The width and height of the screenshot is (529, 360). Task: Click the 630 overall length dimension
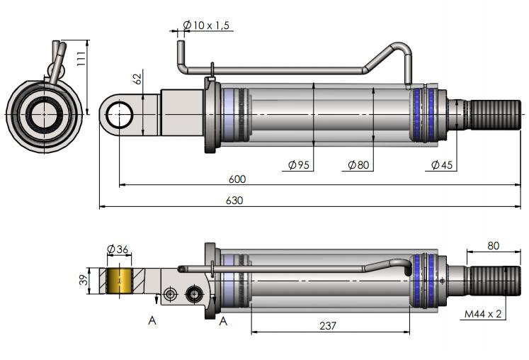pyautogui.click(x=234, y=201)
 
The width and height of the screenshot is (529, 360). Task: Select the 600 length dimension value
pyautogui.click(x=237, y=179)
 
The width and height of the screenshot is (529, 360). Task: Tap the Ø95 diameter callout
pyautogui.click(x=299, y=165)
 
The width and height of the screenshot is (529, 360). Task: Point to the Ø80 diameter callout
pyautogui.click(x=358, y=165)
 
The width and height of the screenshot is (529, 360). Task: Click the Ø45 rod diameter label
pyautogui.click(x=442, y=165)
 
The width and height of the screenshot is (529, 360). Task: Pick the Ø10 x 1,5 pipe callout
pyautogui.click(x=207, y=26)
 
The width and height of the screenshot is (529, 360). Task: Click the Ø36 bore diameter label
pyautogui.click(x=118, y=249)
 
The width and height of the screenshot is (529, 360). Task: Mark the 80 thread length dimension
pyautogui.click(x=493, y=246)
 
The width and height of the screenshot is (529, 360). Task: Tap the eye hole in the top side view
pyautogui.click(x=123, y=114)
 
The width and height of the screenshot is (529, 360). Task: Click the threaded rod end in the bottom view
pyautogui.click(x=495, y=280)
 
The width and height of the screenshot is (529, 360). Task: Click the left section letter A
pyautogui.click(x=152, y=320)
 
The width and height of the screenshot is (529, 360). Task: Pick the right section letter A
pyautogui.click(x=222, y=321)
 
